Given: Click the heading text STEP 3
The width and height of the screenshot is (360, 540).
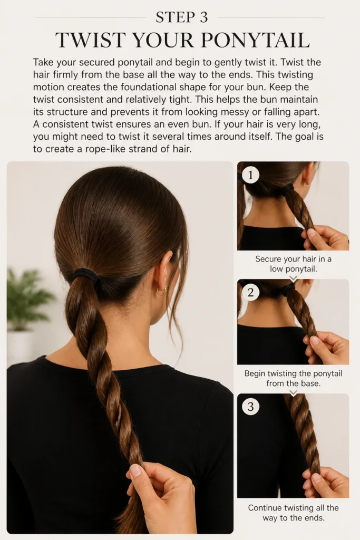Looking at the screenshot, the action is click(182, 17).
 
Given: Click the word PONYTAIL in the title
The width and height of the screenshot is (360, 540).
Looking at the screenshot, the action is click(255, 40).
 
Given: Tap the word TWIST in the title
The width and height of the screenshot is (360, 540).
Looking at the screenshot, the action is click(89, 40).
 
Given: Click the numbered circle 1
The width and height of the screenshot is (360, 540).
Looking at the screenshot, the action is click(250, 175).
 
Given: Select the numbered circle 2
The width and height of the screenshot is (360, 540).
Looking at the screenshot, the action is click(250, 292).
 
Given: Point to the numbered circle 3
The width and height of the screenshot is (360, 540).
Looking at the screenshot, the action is click(250, 407).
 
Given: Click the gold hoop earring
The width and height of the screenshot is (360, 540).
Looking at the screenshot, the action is click(161, 291).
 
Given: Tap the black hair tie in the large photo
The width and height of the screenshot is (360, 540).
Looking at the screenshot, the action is click(85, 274).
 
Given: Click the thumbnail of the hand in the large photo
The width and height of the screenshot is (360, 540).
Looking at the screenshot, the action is click(136, 470).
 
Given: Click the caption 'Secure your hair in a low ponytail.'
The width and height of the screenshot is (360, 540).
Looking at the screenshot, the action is click(293, 264).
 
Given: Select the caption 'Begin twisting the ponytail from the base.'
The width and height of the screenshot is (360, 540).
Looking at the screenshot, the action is click(293, 378).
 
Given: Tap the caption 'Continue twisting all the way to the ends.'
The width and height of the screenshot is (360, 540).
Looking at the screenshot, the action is click(293, 513).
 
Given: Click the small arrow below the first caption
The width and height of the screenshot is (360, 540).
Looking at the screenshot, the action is click(293, 278).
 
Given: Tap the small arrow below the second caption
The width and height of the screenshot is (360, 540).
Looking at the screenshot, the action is click(293, 392).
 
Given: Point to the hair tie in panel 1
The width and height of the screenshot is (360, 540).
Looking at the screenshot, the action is click(288, 188).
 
